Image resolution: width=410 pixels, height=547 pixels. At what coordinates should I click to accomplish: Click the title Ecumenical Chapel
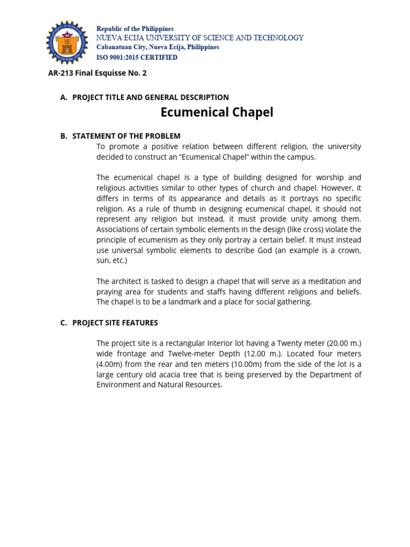click(x=217, y=113)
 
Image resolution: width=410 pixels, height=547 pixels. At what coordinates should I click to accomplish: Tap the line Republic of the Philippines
click(x=135, y=29)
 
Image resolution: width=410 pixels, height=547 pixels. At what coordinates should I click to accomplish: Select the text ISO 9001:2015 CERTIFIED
click(x=137, y=57)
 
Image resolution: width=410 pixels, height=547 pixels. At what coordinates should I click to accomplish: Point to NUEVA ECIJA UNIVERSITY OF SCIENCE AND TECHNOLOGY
click(x=200, y=38)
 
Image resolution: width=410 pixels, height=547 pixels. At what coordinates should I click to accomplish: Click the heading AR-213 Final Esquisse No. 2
click(x=97, y=73)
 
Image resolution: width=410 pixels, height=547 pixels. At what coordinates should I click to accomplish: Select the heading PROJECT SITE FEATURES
click(x=115, y=323)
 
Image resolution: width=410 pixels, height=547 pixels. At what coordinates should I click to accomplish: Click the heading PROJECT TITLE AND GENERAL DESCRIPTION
click(x=151, y=97)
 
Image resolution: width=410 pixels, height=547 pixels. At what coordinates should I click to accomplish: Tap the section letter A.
click(x=64, y=97)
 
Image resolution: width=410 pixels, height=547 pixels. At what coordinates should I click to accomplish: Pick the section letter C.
click(x=64, y=323)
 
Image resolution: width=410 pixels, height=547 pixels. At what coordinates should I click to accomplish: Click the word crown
click(x=349, y=251)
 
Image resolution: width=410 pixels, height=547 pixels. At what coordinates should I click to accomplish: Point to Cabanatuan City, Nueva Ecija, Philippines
click(x=157, y=47)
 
